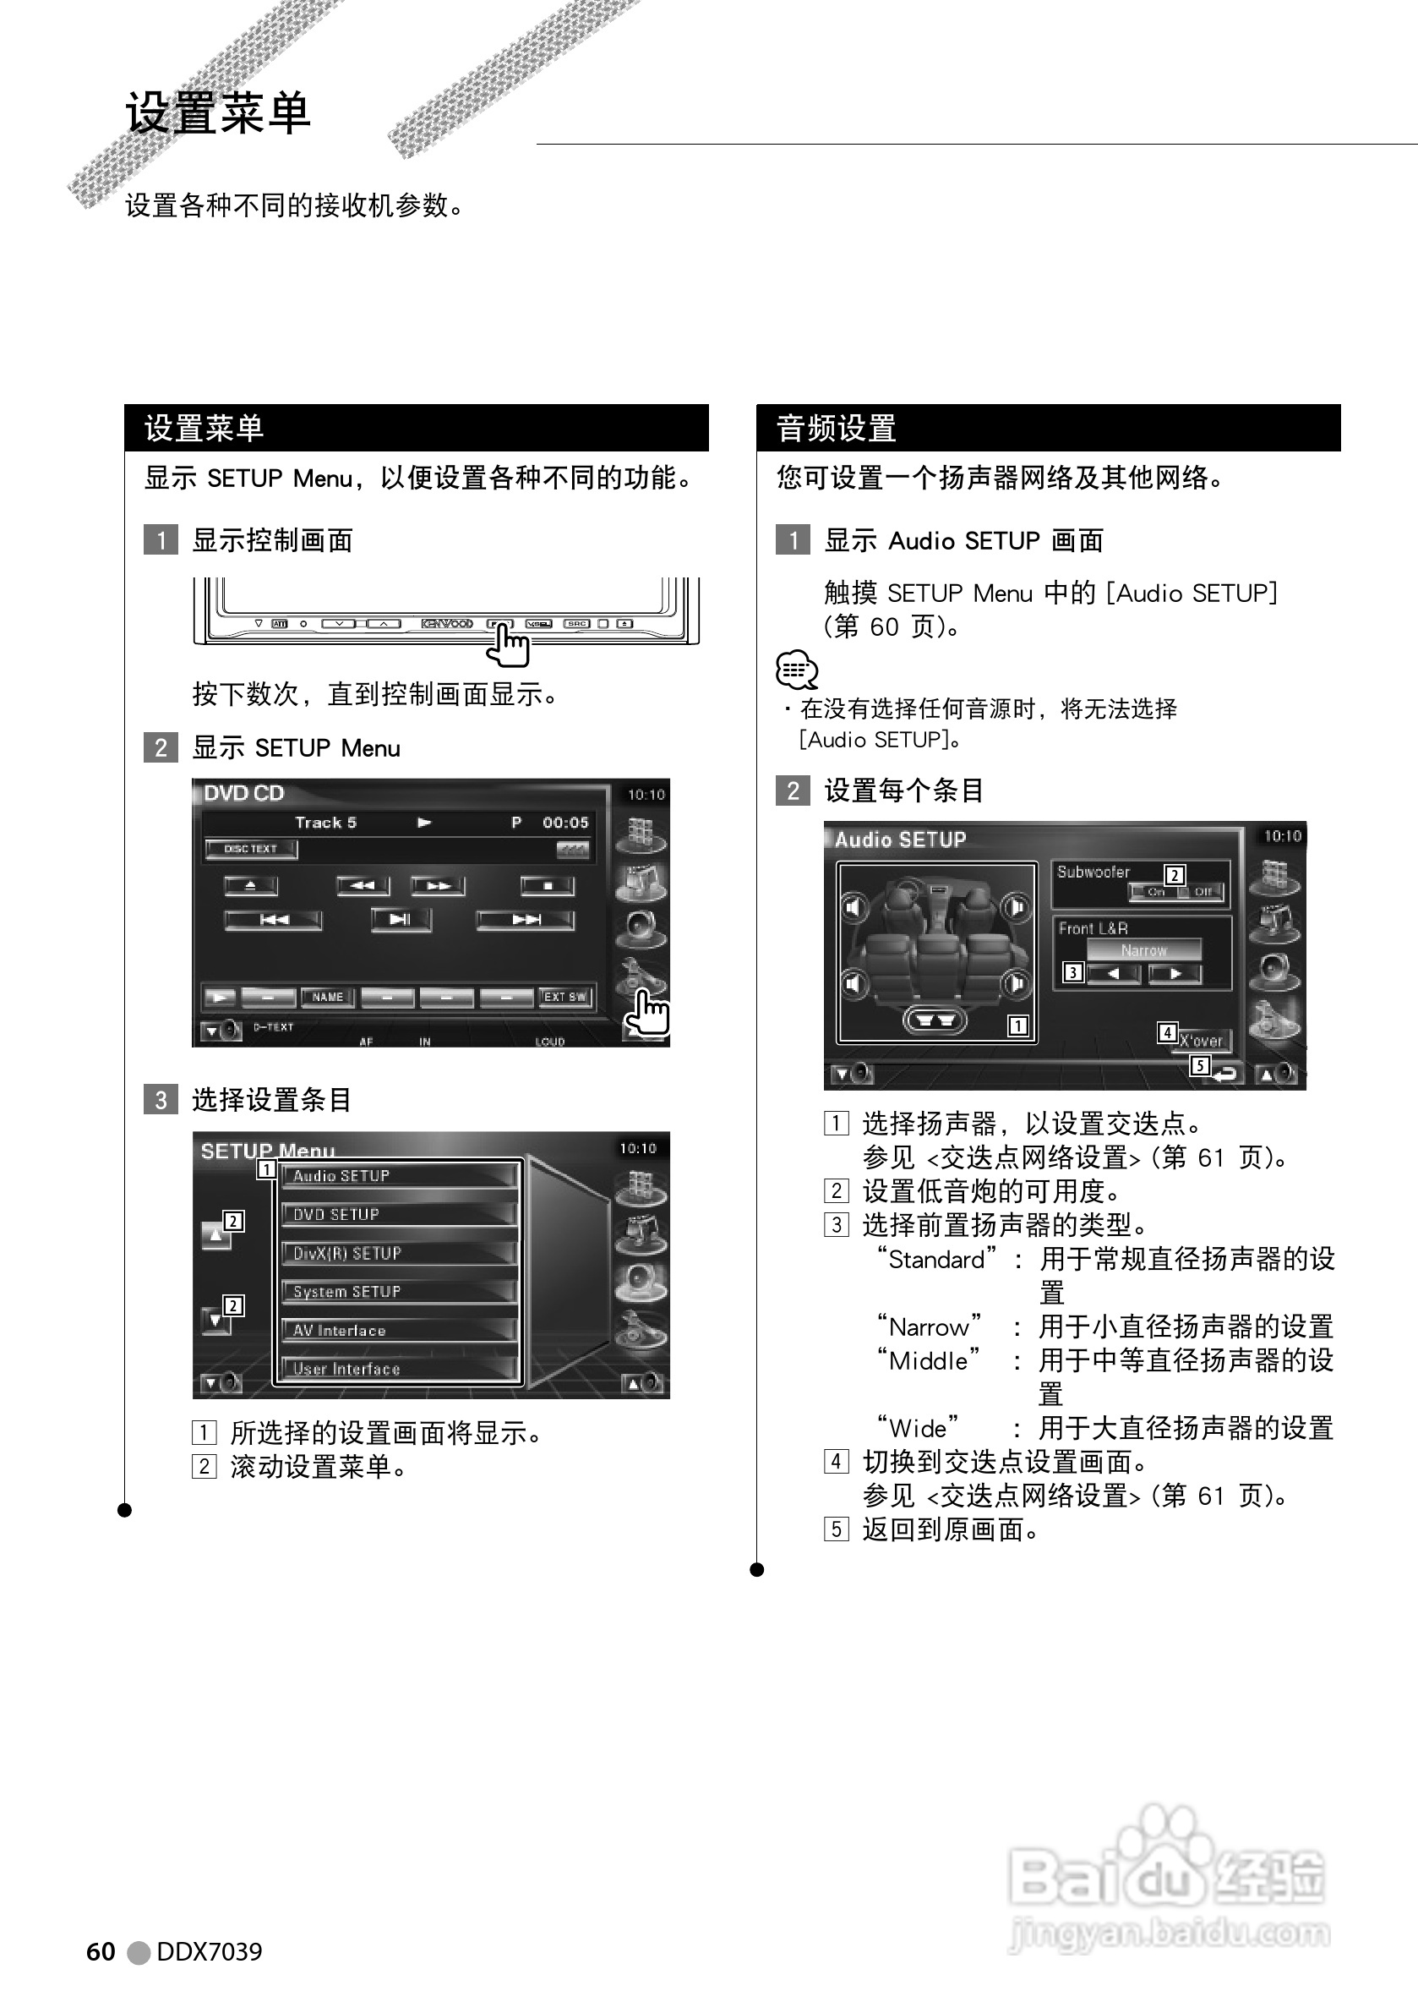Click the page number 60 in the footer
coord(101,1950)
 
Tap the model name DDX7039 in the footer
coord(209,1950)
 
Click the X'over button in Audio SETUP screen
coord(1203,1041)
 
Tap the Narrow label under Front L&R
coord(1143,950)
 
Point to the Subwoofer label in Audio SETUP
coord(1093,872)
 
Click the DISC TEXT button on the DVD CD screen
coord(251,849)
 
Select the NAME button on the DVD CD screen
coord(328,997)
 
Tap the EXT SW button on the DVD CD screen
coord(564,997)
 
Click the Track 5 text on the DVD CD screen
coord(325,823)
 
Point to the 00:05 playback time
coord(565,823)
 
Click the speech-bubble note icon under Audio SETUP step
coord(797,670)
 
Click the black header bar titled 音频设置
coord(1048,428)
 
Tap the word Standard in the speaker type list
coord(936,1260)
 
